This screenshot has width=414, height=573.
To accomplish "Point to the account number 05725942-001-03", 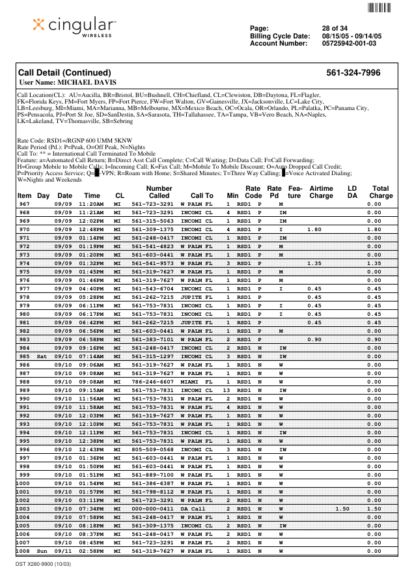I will (x=349, y=43).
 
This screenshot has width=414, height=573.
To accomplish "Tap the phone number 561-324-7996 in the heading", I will (x=353, y=73).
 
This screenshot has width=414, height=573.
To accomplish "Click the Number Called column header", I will (x=159, y=191).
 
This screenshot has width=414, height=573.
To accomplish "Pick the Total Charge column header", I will (x=381, y=191).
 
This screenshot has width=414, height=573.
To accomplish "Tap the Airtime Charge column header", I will (x=321, y=191).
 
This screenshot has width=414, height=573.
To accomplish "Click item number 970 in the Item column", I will (x=24, y=230).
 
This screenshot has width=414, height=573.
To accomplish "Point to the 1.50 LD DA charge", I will (x=342, y=509).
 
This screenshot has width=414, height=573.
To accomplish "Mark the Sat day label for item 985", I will (x=42, y=356).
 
